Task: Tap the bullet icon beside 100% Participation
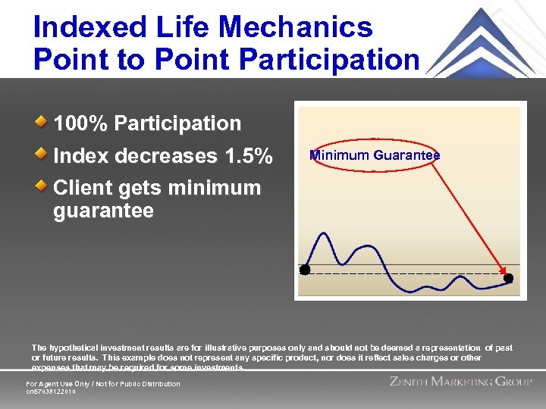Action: pyautogui.click(x=44, y=121)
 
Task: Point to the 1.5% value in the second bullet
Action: pyautogui.click(x=249, y=156)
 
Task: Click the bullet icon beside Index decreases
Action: pyautogui.click(x=44, y=154)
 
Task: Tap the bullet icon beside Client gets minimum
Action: pyautogui.click(x=44, y=186)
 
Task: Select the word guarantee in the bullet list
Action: pyautogui.click(x=103, y=211)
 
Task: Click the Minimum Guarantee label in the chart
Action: pyautogui.click(x=375, y=155)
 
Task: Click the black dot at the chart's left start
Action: pyautogui.click(x=305, y=270)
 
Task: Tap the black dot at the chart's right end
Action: pyautogui.click(x=508, y=278)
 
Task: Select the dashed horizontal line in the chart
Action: pyautogui.click(x=402, y=271)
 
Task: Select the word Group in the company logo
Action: pyautogui.click(x=513, y=382)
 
